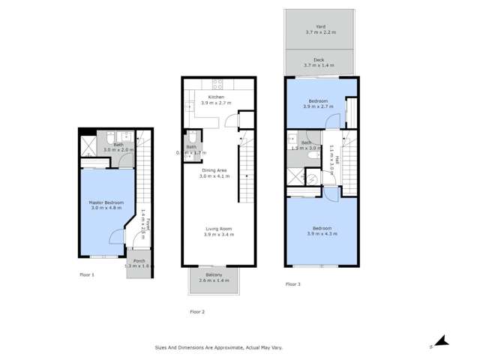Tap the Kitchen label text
[216, 97]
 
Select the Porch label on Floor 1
[139, 261]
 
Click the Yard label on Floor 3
[320, 27]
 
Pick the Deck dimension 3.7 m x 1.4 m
[320, 66]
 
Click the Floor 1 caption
[87, 275]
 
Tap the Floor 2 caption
[197, 311]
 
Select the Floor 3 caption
[293, 284]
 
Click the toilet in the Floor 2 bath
[190, 137]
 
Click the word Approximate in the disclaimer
[245, 347]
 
